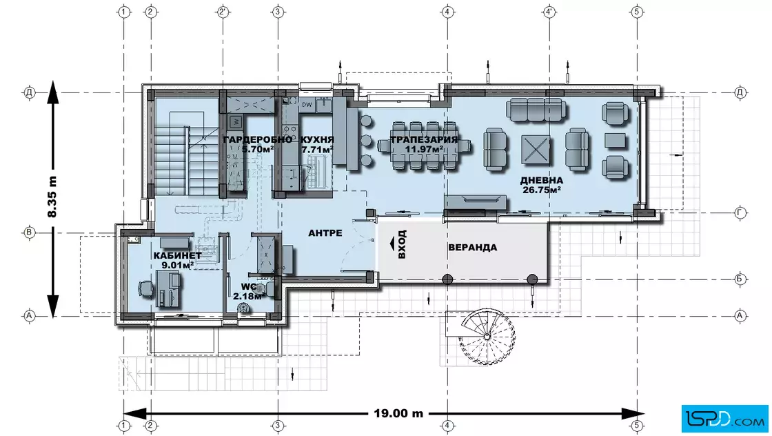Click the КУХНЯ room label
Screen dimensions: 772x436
coord(317,139)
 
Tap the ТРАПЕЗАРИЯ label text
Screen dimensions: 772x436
coord(424,139)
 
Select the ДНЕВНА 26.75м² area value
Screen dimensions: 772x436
coord(542,190)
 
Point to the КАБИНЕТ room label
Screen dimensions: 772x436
coord(177,255)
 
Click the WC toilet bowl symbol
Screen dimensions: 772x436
coord(243,308)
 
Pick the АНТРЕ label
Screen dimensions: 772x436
coord(325,232)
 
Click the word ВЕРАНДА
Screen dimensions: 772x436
coord(472,247)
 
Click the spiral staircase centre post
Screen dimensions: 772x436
coord(487,337)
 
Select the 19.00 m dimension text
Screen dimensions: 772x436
coord(398,413)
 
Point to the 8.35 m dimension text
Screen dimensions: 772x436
coord(52,197)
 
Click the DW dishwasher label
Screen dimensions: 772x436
coord(307,104)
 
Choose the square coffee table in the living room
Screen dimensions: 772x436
coord(536,149)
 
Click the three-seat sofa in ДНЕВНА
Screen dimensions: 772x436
coord(535,110)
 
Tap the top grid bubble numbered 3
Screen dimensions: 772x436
coord(278,11)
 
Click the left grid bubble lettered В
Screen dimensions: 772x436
coord(30,232)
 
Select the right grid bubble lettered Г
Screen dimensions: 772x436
coord(740,213)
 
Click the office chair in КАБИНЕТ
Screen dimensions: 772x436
coord(145,288)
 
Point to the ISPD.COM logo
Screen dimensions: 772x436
coord(724,419)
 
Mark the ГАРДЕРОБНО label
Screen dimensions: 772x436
coord(258,139)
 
